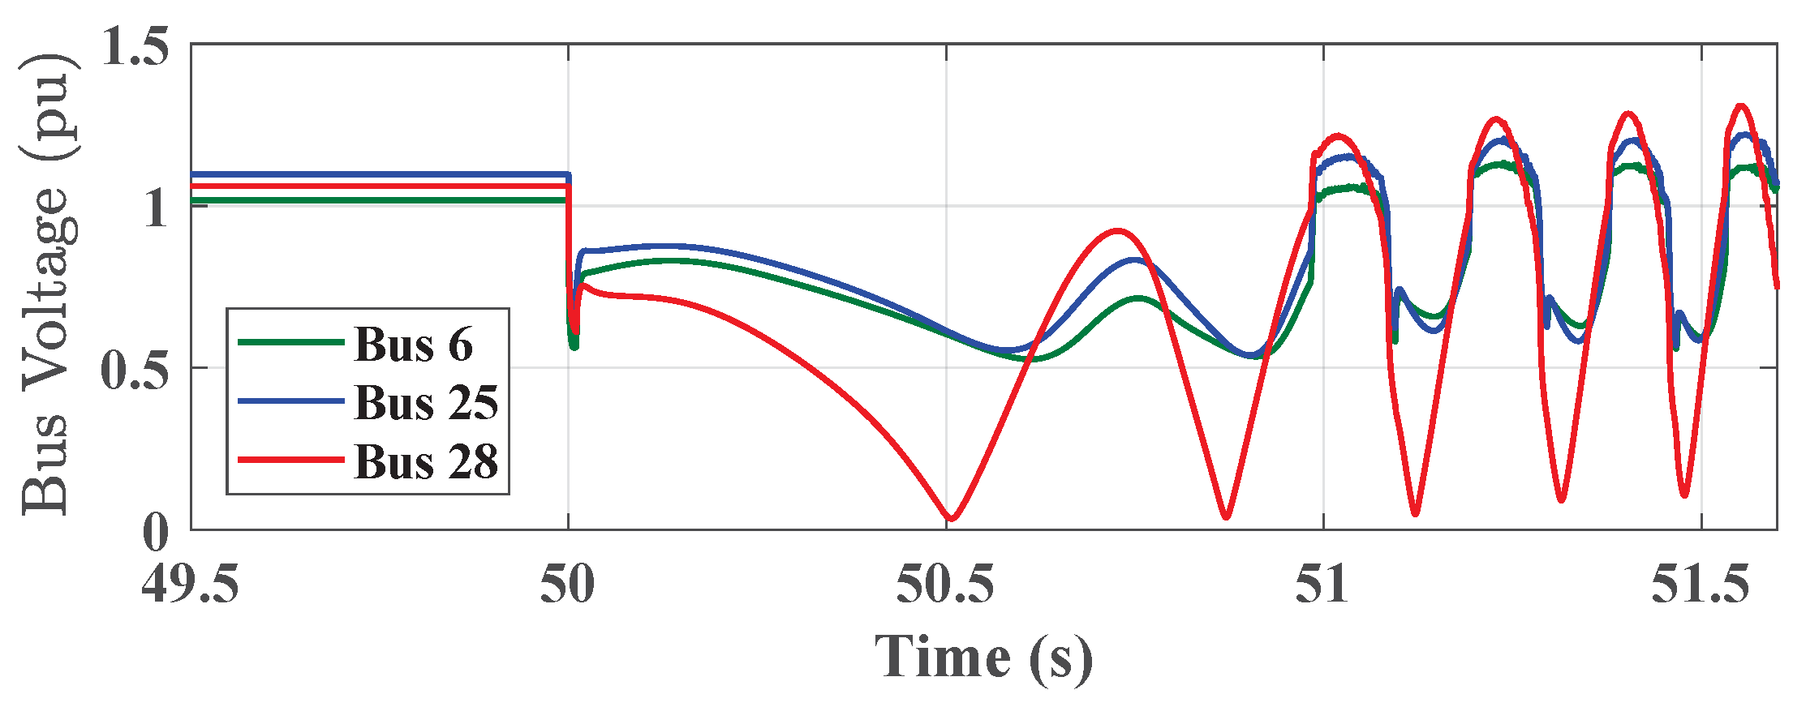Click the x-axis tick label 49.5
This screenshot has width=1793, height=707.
pyautogui.click(x=191, y=586)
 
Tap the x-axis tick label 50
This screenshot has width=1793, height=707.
pyautogui.click(x=568, y=586)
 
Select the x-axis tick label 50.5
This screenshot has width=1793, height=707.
pyautogui.click(x=946, y=586)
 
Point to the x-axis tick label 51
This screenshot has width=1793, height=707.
pyautogui.click(x=1323, y=586)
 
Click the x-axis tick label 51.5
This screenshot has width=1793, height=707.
pyautogui.click(x=1701, y=586)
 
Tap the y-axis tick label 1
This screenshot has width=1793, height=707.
pyautogui.click(x=156, y=208)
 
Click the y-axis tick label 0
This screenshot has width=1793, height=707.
pyautogui.click(x=156, y=532)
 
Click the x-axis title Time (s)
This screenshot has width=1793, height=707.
pyautogui.click(x=983, y=657)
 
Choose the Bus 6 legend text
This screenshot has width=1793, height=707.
pyautogui.click(x=414, y=344)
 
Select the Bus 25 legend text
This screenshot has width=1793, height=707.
pyautogui.click(x=426, y=402)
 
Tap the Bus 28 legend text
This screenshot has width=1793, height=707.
pyautogui.click(x=426, y=461)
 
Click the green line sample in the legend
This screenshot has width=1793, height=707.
pyautogui.click(x=290, y=342)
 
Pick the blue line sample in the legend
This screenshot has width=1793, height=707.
pyautogui.click(x=290, y=401)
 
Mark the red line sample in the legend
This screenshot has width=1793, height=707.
pyautogui.click(x=290, y=460)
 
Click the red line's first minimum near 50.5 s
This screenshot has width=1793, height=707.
pyautogui.click(x=951, y=518)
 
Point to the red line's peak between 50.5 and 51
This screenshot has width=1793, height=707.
pyautogui.click(x=1118, y=231)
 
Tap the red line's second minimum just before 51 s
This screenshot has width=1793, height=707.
pyautogui.click(x=1226, y=516)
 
